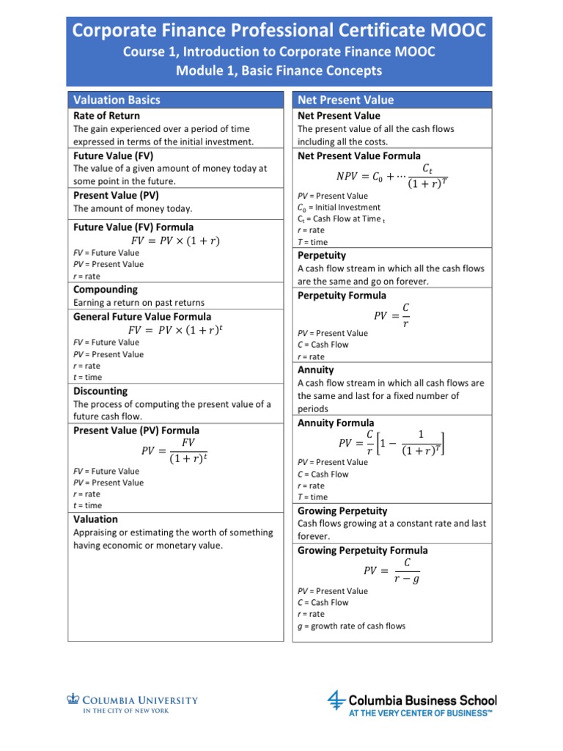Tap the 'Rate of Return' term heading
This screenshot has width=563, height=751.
click(107, 116)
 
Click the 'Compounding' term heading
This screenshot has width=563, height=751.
click(106, 290)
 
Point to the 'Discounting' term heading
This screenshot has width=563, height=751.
click(100, 391)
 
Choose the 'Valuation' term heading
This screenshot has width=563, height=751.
click(96, 519)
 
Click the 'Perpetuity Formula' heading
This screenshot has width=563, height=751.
click(342, 296)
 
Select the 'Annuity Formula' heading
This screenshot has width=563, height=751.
click(336, 423)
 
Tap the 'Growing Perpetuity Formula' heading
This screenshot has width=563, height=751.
click(363, 550)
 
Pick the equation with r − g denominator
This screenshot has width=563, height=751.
click(391, 570)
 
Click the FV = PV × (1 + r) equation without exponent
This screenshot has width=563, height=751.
click(174, 241)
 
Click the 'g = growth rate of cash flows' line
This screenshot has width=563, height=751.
click(351, 626)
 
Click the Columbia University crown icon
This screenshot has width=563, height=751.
click(73, 700)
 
